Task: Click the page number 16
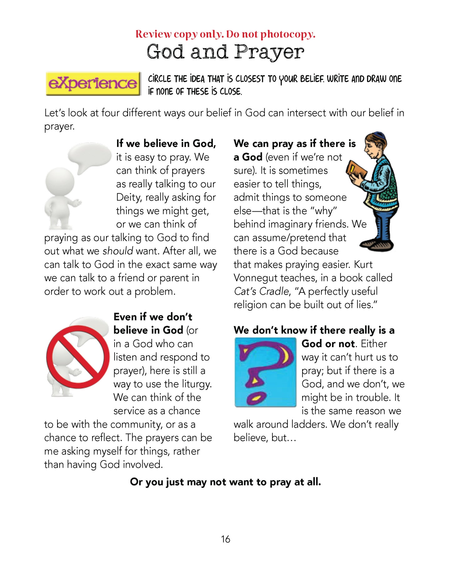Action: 225,539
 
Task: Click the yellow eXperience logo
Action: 93,83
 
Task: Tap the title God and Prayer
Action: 225,52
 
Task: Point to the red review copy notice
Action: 225,34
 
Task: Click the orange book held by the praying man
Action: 356,170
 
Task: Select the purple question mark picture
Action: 265,372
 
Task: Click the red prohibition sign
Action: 78,357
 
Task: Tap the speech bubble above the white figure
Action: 90,155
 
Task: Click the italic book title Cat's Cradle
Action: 262,291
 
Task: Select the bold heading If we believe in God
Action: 166,144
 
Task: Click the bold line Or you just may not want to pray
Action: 225,482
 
